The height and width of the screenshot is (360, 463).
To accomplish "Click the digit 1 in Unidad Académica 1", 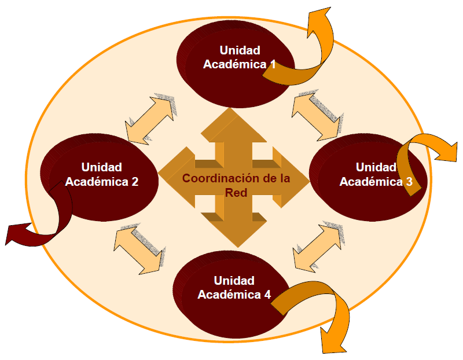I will (x=272, y=64).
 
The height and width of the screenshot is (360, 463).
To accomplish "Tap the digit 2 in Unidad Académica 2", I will (x=134, y=181).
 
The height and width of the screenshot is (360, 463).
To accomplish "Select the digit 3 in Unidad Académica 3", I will (x=409, y=181).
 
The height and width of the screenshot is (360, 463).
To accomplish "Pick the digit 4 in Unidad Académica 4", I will (x=267, y=294).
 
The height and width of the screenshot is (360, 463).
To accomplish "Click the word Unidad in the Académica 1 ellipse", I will (x=240, y=50).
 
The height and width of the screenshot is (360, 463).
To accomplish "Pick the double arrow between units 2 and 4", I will (x=139, y=249).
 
